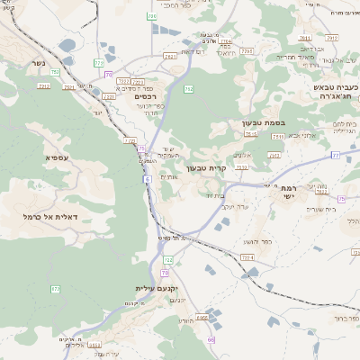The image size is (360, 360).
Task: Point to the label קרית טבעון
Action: tap(203, 167)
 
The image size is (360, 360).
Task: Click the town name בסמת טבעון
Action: tap(262, 122)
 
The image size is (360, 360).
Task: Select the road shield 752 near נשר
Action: tap(56, 72)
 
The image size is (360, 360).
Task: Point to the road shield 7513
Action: tap(276, 135)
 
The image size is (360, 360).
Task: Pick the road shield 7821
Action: tap(170, 56)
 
